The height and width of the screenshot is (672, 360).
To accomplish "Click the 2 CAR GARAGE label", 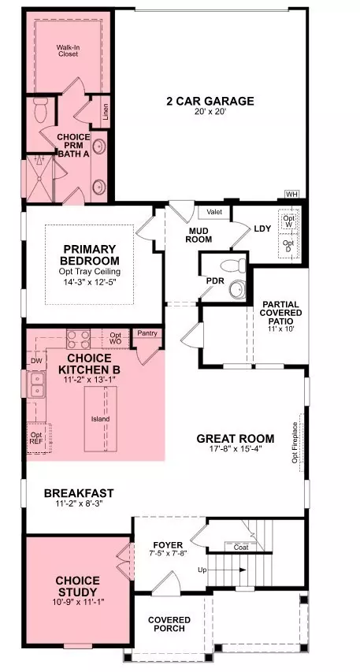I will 209,101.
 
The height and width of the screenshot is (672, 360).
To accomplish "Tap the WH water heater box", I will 292,195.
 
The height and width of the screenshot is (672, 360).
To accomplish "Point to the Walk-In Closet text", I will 68,52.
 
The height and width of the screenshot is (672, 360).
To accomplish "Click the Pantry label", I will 147,333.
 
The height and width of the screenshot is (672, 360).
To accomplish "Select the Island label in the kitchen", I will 100,418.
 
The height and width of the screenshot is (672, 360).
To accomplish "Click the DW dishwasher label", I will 35,361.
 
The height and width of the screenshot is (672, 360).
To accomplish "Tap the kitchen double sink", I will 36,386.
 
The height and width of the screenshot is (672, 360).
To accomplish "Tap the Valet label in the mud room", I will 214,212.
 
